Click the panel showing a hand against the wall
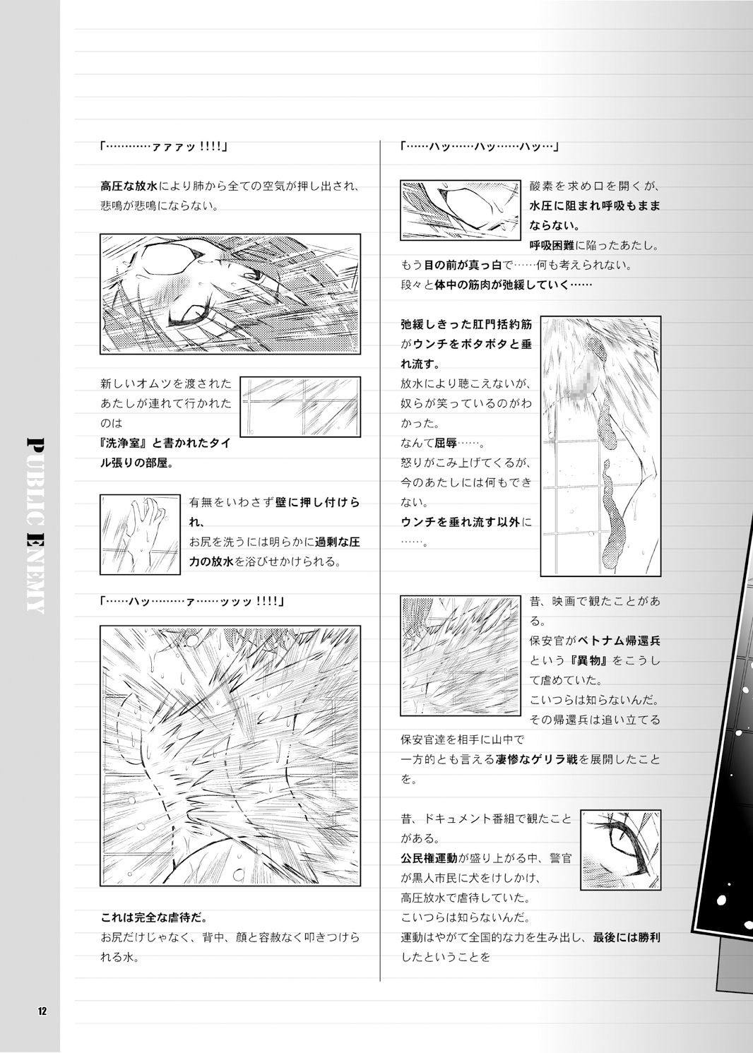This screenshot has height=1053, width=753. [x=140, y=534]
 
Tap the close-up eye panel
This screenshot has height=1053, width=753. [x=620, y=850]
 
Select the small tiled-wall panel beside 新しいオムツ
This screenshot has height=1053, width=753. [x=300, y=407]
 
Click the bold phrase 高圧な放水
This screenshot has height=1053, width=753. [x=130, y=186]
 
